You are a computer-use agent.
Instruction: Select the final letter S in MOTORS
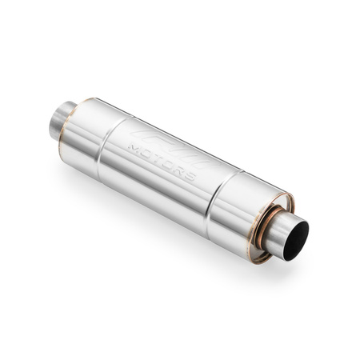click(x=189, y=173)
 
